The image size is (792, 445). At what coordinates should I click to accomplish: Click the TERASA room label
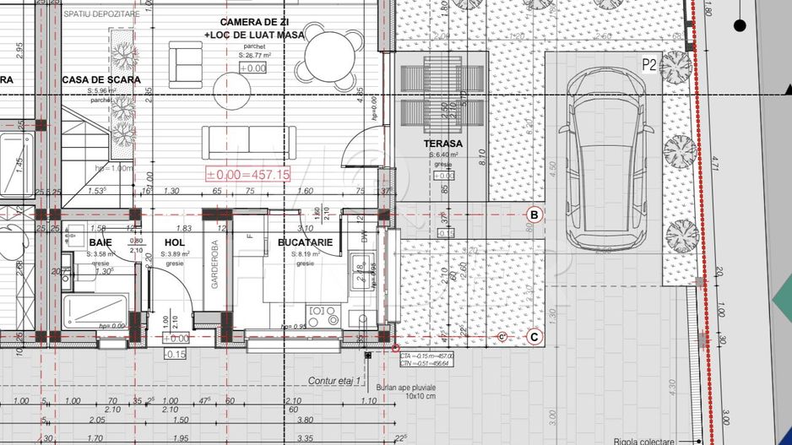pos(443,144)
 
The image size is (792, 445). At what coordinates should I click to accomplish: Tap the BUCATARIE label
pos(305,242)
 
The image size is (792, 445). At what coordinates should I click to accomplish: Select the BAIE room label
pos(100,242)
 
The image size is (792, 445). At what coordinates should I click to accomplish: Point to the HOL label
pos(176,242)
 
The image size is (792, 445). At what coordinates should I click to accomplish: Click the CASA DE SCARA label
pos(95,80)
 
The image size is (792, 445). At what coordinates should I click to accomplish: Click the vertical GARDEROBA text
pos(214,269)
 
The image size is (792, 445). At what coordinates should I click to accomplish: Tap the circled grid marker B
pos(534,214)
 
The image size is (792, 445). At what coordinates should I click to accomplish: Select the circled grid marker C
pos(534,337)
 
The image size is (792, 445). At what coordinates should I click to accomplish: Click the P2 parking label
pos(649,64)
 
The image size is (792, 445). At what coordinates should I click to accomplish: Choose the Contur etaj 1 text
pos(334,381)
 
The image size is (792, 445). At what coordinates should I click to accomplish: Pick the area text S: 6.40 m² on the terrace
pos(443,155)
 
